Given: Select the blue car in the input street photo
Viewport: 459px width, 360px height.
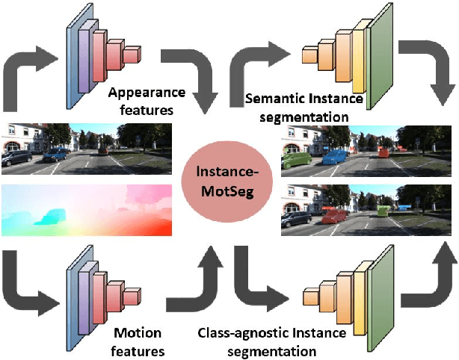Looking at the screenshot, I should tap(55, 155).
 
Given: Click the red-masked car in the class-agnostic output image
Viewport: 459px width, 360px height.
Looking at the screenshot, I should tap(330, 216).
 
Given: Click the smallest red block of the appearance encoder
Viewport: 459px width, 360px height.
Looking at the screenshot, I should tap(132, 54).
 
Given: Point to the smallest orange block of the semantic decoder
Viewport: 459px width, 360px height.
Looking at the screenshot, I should tap(309, 56).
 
